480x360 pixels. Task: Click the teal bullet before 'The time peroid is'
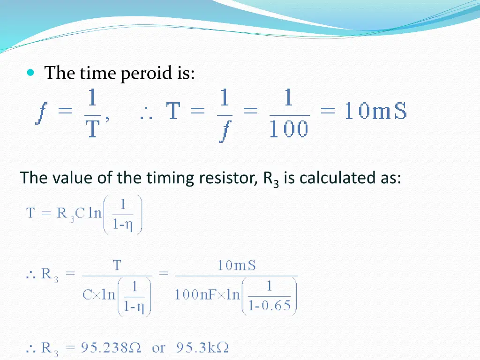31,73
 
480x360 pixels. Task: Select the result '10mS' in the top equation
375,112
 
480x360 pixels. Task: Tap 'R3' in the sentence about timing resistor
271,180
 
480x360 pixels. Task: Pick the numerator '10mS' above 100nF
237,266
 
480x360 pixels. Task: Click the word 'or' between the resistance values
158,348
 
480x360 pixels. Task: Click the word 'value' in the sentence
74,178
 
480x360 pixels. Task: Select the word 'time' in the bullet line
97,74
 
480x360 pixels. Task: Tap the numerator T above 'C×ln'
117,266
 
